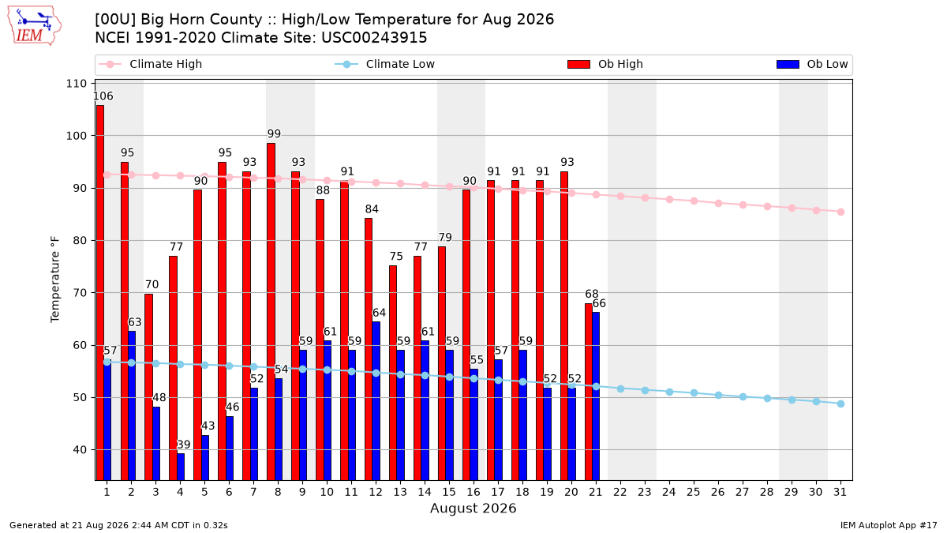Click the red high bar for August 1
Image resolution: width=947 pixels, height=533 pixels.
100,292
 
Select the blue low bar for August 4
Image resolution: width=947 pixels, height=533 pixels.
181,467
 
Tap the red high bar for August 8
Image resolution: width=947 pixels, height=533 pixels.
271,311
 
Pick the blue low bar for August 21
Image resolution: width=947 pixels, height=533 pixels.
596,396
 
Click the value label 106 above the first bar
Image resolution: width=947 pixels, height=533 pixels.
103,96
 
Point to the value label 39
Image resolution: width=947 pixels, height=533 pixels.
183,445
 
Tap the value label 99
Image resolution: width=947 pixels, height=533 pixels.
274,133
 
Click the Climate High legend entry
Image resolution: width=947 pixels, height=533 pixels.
151,64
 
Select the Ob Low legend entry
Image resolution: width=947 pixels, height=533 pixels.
812,64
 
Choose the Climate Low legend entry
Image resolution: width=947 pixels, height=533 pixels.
385,64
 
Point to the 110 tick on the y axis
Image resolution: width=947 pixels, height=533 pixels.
76,84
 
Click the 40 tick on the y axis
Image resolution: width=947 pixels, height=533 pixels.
80,449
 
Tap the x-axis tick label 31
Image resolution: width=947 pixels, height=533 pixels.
840,493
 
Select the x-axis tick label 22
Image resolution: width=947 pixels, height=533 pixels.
620,493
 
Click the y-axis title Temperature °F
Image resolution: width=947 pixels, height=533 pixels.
55,280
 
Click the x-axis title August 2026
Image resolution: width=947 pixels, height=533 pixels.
473,508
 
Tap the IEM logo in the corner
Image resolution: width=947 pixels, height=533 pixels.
35,26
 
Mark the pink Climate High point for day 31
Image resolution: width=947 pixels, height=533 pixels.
841,212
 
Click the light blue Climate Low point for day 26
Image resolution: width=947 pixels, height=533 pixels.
718,395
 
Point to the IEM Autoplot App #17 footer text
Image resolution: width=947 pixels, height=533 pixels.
889,525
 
